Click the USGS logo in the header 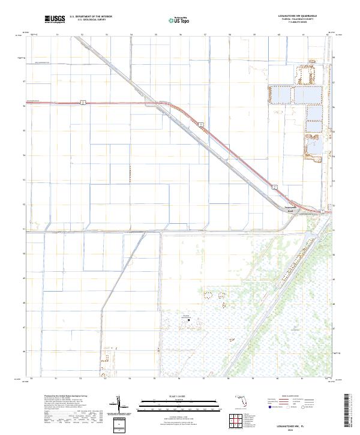[55, 19]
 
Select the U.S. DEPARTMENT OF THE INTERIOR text [91, 16]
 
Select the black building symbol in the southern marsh [189, 320]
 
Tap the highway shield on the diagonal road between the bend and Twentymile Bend [202, 124]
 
